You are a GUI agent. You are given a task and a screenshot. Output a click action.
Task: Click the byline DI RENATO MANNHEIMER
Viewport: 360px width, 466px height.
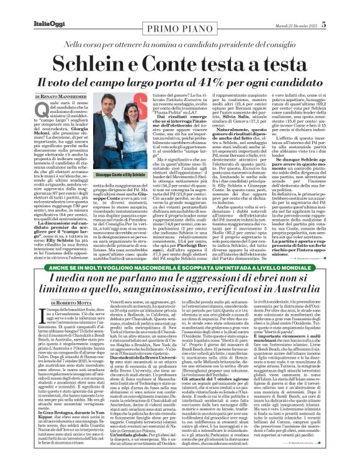pyautogui.click(x=60, y=97)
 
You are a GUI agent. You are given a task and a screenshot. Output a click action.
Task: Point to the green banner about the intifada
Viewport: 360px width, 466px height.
pyautogui.click(x=179, y=269)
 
